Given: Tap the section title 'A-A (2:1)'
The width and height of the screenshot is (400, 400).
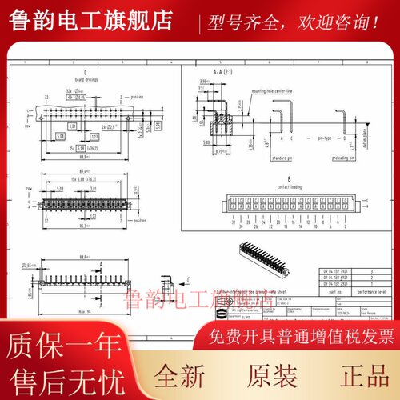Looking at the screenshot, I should (x=203, y=71).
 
